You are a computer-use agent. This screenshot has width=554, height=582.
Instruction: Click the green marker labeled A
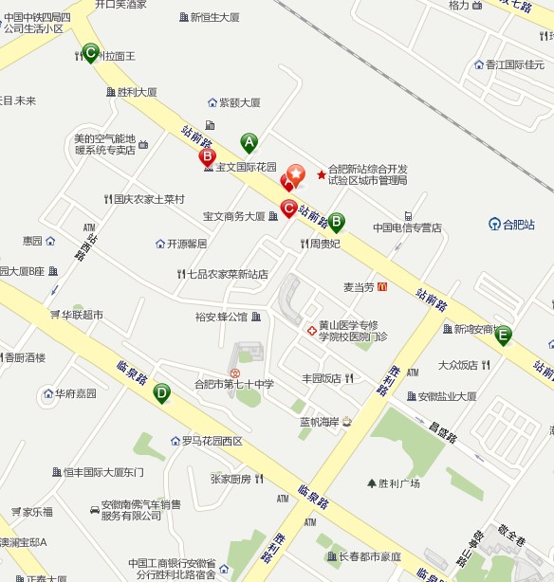249,142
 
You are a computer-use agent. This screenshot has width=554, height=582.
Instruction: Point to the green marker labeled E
503,334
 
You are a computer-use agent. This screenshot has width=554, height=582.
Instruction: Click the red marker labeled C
288,209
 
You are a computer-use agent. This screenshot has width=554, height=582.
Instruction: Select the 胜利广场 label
398,483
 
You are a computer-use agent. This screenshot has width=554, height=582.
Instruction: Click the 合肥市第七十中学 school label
233,384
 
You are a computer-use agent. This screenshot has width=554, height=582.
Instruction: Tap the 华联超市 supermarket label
82,314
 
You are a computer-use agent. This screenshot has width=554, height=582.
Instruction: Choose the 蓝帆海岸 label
319,421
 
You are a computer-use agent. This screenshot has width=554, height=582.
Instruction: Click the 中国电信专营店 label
407,227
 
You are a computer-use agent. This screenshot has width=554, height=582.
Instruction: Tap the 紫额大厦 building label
239,102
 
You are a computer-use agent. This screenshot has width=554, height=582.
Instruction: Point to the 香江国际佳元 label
512,65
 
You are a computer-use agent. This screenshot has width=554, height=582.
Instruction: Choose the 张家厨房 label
231,479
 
